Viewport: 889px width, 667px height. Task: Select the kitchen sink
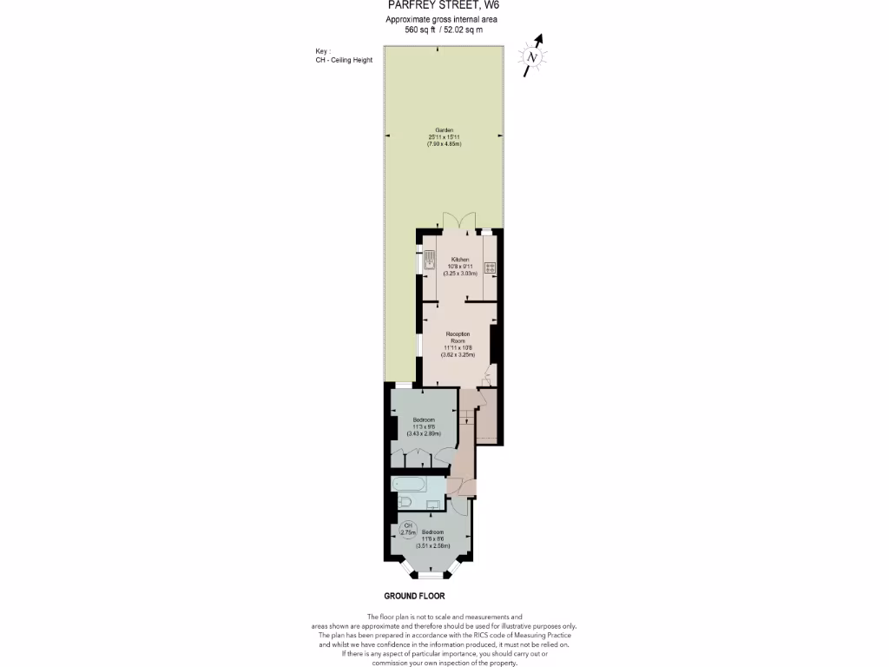(429, 260)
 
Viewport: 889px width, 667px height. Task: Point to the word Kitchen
(458, 260)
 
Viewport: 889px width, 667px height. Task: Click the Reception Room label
(458, 337)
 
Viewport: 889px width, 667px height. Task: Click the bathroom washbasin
(435, 504)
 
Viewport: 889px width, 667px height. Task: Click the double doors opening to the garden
(456, 221)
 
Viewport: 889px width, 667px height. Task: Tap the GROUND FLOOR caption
(414, 597)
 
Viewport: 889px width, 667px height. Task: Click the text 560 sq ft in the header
(421, 30)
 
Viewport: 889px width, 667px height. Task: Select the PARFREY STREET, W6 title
(443, 5)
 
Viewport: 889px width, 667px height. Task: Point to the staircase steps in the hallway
(468, 411)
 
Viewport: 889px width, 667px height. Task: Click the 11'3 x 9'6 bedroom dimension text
(424, 426)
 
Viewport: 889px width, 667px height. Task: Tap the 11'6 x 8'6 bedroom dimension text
(432, 538)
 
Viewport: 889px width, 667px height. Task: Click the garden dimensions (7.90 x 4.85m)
(443, 143)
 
